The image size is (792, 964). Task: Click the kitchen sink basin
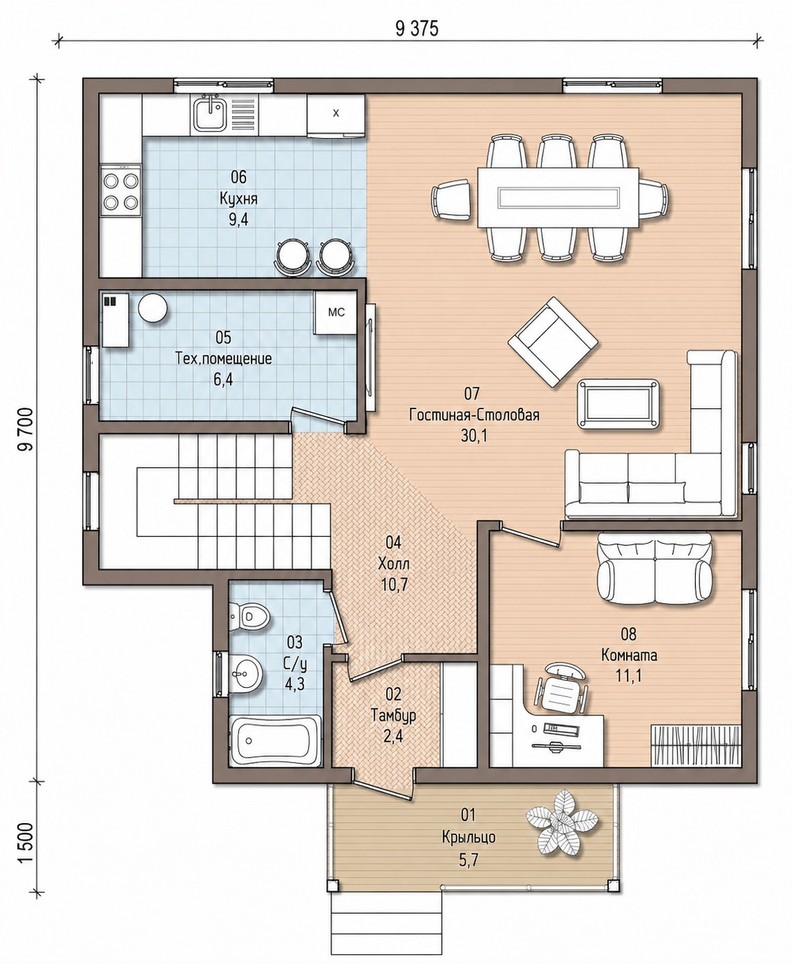pos(210,115)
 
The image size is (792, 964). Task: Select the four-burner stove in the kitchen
pos(121,190)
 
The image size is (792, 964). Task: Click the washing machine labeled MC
pos(335,313)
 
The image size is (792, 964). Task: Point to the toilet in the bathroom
pos(250,617)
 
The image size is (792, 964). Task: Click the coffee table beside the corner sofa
pos(619,404)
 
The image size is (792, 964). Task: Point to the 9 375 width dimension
pos(417,29)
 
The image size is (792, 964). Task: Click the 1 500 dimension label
pos(26,843)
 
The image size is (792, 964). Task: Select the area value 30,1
pos(474,436)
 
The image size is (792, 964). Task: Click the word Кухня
pos(238,199)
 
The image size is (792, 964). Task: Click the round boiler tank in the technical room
pos(153,307)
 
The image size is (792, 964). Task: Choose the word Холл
pos(394,564)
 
